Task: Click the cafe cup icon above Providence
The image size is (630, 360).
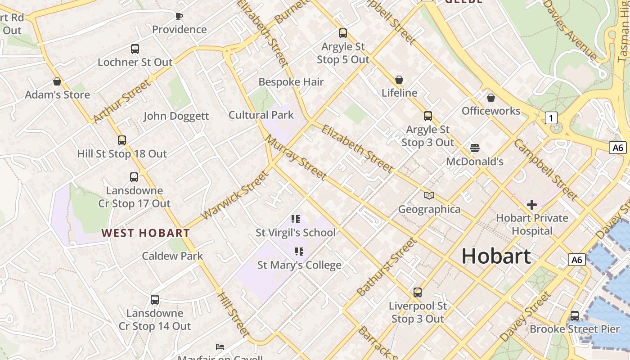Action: pyautogui.click(x=179, y=17)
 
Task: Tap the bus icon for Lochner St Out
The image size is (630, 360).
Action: pyautogui.click(x=135, y=49)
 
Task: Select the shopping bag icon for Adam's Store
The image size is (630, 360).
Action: pyautogui.click(x=57, y=81)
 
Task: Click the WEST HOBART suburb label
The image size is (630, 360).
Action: pyautogui.click(x=145, y=233)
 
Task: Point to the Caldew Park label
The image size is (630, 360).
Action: pyautogui.click(x=172, y=256)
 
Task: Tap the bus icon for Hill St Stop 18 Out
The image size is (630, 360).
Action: pyautogui.click(x=122, y=140)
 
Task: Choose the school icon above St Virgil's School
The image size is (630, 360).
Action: pyautogui.click(x=296, y=219)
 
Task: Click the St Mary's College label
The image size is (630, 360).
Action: pyautogui.click(x=299, y=265)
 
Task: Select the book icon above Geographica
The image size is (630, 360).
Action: pyautogui.click(x=429, y=196)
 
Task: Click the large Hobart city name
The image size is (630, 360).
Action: pyautogui.click(x=496, y=256)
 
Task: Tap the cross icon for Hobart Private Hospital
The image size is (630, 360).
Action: pyautogui.click(x=531, y=205)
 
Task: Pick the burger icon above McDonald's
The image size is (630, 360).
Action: pyautogui.click(x=474, y=148)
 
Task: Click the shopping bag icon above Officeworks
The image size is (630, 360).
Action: pyautogui.click(x=491, y=97)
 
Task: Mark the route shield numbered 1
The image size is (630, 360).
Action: pyautogui.click(x=551, y=118)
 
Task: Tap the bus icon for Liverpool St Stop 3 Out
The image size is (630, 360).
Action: pyautogui.click(x=418, y=292)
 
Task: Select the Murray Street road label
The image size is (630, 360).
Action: pyautogui.click(x=296, y=157)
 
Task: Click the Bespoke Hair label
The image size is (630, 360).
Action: pyautogui.click(x=291, y=82)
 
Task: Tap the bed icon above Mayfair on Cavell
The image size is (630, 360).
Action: pyautogui.click(x=220, y=347)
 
